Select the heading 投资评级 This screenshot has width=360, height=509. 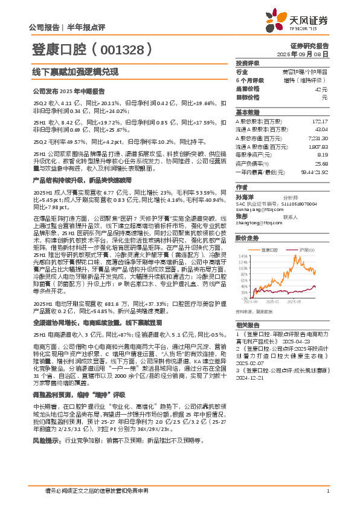(x=248, y=63)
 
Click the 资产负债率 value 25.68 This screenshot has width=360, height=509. (x=321, y=163)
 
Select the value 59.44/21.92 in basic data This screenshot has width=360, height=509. (x=314, y=172)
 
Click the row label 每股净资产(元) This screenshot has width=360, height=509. (x=255, y=155)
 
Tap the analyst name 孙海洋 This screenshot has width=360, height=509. (x=245, y=196)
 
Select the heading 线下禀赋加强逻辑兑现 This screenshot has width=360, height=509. (x=74, y=71)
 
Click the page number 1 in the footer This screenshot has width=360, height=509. (x=327, y=491)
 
